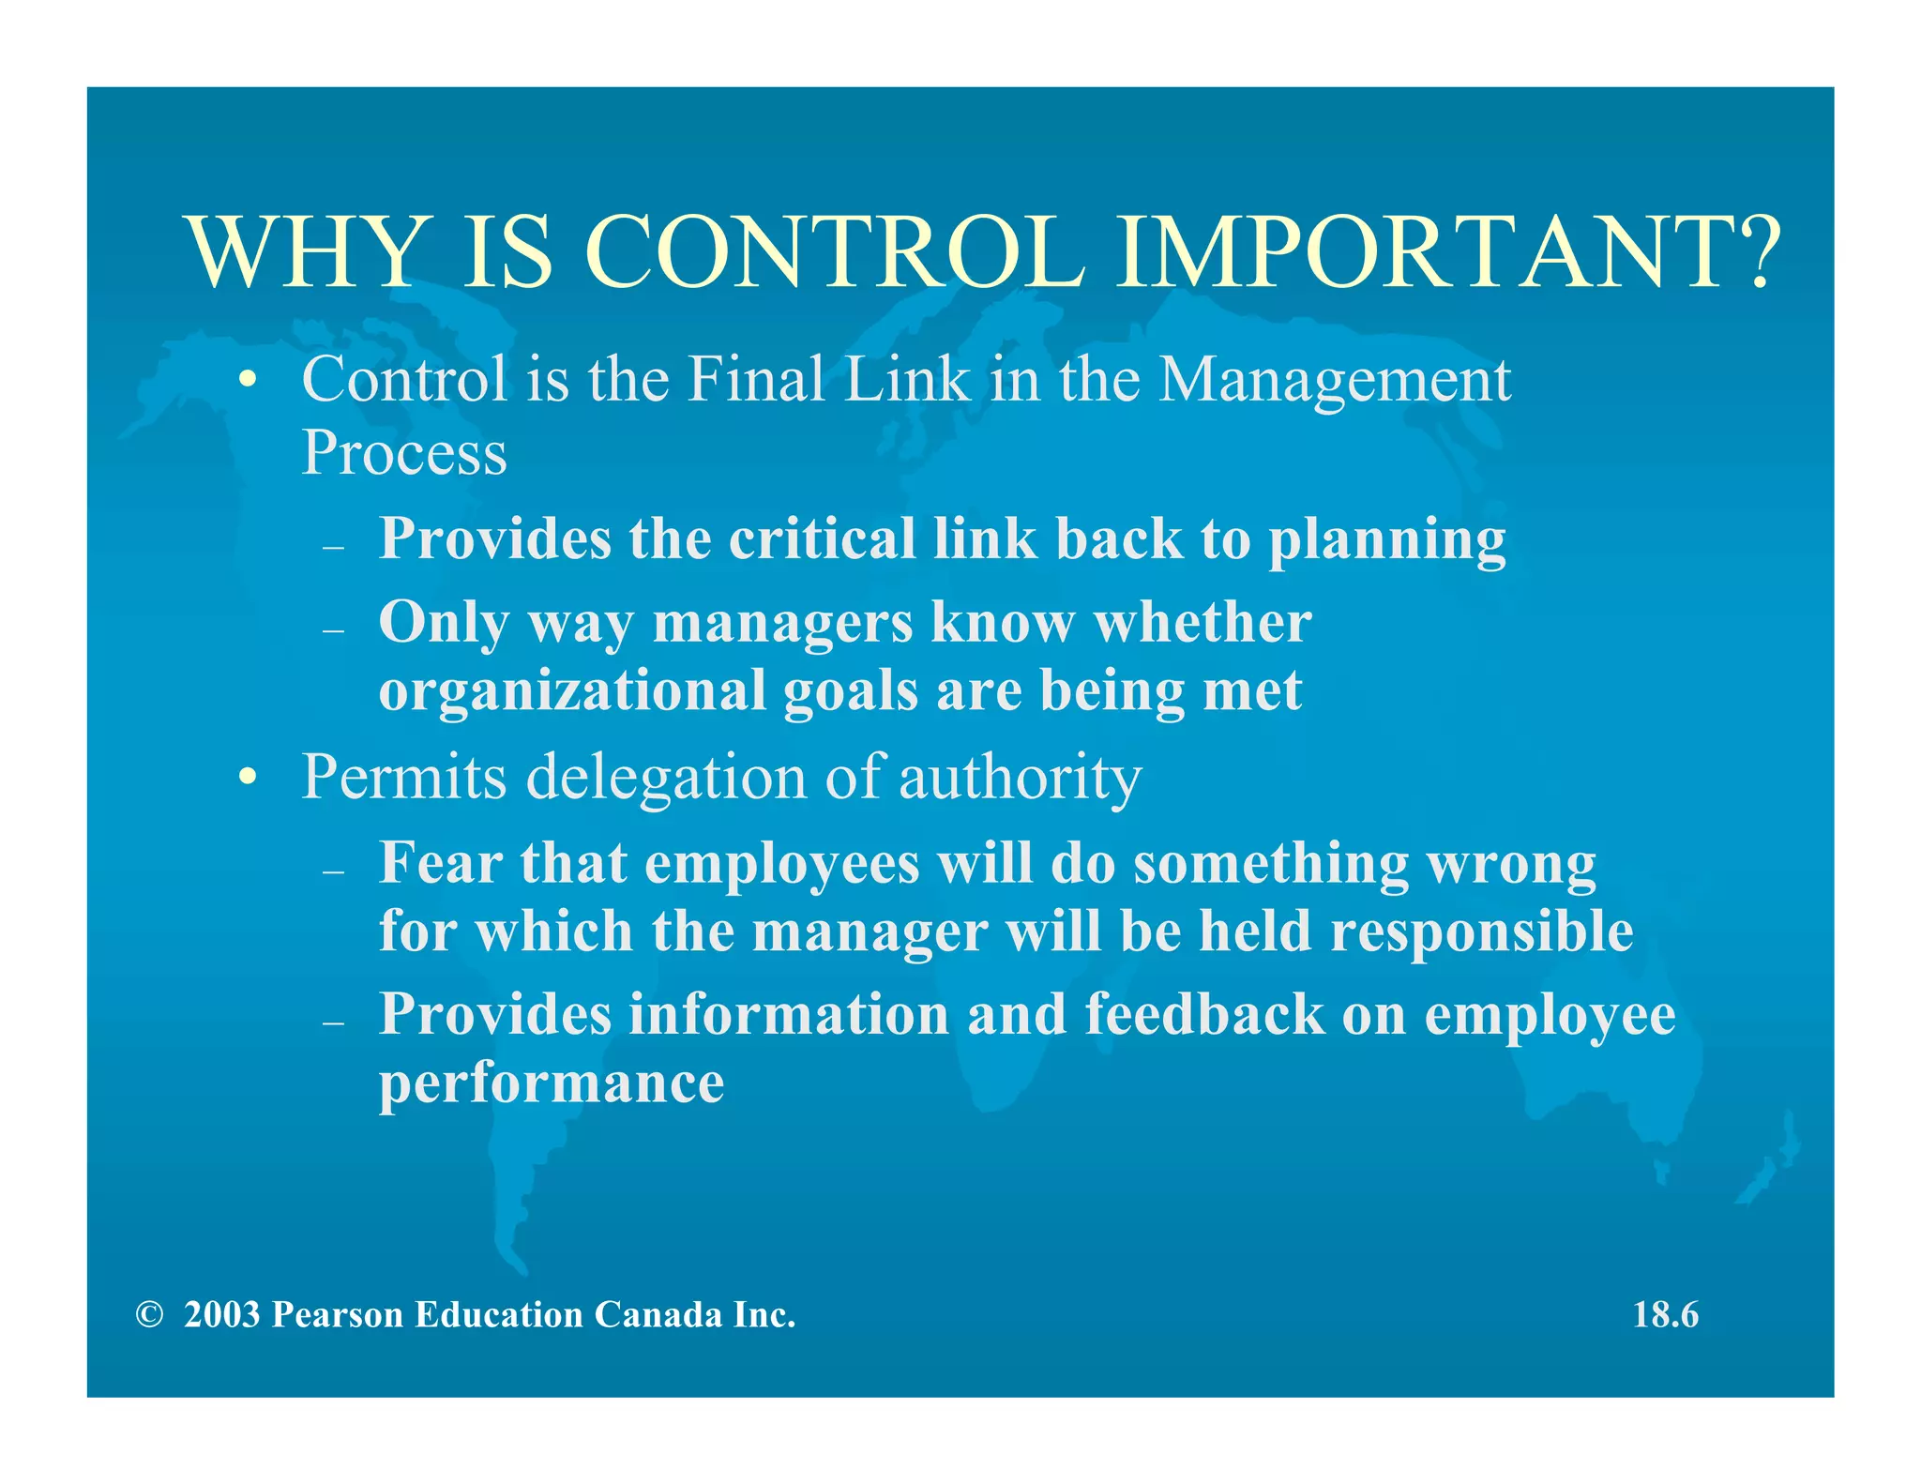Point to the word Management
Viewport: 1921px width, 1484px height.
tap(1334, 381)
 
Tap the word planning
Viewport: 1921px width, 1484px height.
tap(1386, 541)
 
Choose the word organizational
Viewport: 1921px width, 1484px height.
tap(572, 691)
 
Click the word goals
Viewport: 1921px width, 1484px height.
tap(850, 692)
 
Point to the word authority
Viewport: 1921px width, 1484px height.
tap(1020, 779)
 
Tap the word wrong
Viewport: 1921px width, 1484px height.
tap(1511, 864)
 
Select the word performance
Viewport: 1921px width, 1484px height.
tap(552, 1084)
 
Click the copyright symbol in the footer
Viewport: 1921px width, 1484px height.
tap(148, 1314)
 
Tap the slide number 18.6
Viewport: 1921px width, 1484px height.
tap(1665, 1314)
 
